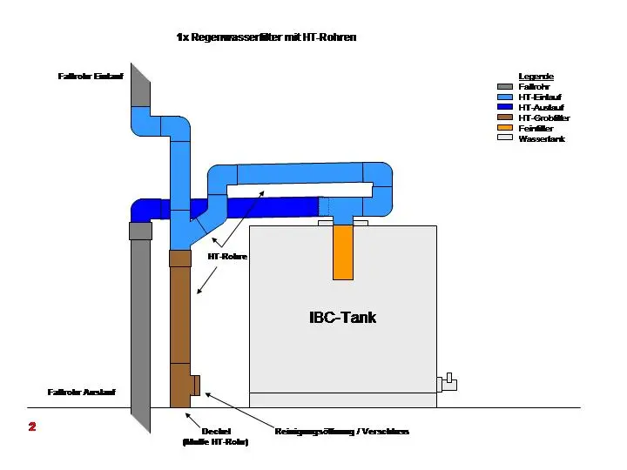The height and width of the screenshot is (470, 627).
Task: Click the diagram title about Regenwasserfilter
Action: [x=266, y=37]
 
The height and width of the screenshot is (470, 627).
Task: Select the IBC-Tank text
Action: [x=342, y=317]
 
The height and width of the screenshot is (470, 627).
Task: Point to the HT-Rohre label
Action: [x=227, y=257]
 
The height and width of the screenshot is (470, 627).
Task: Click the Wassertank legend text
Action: [x=542, y=138]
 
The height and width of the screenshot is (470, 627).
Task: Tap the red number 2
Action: [x=32, y=426]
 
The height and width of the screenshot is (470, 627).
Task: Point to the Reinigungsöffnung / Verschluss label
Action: [x=341, y=432]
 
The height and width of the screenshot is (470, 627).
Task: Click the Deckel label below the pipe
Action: [x=215, y=431]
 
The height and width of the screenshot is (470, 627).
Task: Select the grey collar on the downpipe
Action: [x=140, y=231]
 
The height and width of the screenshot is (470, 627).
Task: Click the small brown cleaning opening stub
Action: [x=196, y=385]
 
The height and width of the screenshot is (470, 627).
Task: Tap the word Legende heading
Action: [x=536, y=77]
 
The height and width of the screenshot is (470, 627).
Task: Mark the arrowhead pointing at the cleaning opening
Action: [x=208, y=396]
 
